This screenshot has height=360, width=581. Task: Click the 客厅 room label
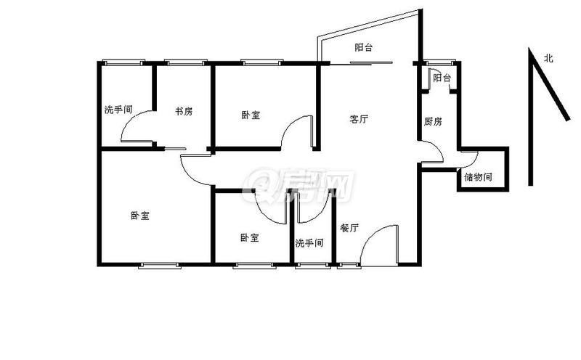(359, 119)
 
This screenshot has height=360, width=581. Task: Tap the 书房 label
(184, 111)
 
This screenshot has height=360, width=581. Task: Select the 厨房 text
(433, 121)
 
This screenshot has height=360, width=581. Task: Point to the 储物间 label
(478, 176)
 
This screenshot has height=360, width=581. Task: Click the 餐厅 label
(349, 228)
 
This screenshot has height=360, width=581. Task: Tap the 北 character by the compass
(548, 58)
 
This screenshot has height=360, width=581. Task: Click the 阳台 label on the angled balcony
(363, 47)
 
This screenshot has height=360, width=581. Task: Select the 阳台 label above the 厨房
(442, 78)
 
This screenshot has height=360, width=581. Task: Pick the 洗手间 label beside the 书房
(118, 110)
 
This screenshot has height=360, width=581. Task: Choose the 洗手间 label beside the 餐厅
(309, 243)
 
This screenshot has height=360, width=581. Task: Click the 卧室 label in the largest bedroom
(140, 215)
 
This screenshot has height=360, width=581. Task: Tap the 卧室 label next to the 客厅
(251, 115)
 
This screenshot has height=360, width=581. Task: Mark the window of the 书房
(185, 62)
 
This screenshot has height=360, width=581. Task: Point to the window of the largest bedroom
(160, 265)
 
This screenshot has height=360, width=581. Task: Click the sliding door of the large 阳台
(361, 63)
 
